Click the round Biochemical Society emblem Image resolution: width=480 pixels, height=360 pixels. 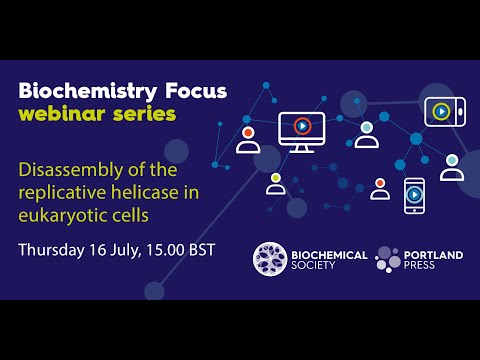[270, 259]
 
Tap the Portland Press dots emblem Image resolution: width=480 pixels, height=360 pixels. [389, 259]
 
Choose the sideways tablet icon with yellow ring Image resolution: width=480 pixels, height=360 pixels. [442, 110]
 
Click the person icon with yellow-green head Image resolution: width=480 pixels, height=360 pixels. [276, 183]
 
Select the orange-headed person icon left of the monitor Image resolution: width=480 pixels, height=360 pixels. [248, 139]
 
